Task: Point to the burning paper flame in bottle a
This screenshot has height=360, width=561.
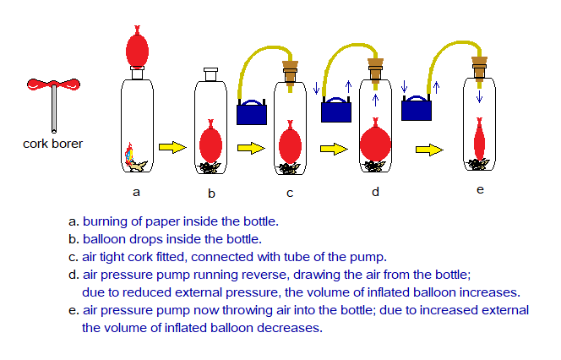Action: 129,153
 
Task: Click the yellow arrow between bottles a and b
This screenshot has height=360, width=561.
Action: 172,148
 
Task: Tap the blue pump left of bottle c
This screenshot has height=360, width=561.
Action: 251,112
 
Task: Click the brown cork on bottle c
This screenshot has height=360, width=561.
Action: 290,68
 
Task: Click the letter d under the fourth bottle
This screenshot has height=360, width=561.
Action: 375,192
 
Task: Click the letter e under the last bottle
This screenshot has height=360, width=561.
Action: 480,189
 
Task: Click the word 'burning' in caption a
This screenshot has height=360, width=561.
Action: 105,222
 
